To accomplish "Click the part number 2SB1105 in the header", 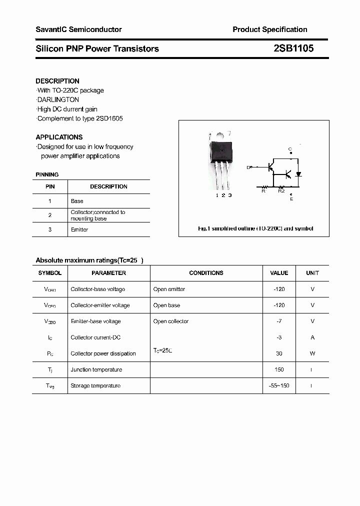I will coord(293,48).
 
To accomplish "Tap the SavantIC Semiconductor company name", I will coord(78,29).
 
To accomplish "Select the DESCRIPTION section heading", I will coord(57,81).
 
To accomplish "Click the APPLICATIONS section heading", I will coord(59,137).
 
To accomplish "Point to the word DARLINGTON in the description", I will coord(58,99).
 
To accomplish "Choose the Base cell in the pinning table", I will coord(77,201).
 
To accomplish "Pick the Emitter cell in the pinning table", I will coord(79,229).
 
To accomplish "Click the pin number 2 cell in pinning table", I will coord(50,215).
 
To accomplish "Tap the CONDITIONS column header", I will coord(206,273).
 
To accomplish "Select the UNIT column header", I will coord(312,273).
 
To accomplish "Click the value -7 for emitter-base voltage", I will coord(279,321).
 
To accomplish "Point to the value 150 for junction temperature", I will coord(279,369).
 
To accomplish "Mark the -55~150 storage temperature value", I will coord(279,385).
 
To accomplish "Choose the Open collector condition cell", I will coord(171,321).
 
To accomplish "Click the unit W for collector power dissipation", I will coord(312,353).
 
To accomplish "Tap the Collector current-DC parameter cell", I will coord(95,337).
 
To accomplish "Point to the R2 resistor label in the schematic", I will coord(281,190).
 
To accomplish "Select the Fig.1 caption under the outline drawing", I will coord(255,228).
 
